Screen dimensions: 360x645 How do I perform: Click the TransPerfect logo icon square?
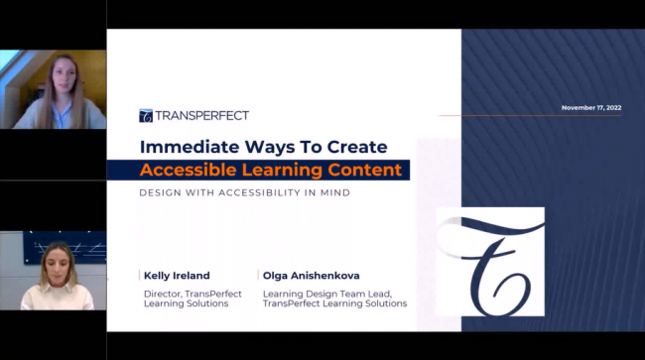[x=146, y=116]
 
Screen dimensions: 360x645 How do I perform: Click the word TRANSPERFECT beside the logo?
[x=201, y=116]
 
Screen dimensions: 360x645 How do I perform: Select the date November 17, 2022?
[x=590, y=107]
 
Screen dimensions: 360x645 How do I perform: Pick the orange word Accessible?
[x=189, y=170]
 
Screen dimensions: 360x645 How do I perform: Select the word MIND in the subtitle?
[x=332, y=192]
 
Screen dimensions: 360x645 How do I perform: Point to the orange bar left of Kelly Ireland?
[x=140, y=275]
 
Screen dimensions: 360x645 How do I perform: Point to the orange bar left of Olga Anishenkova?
[x=258, y=275]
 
